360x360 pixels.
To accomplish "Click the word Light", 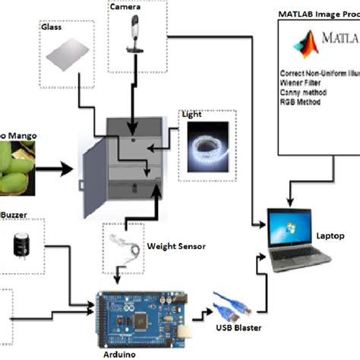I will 191,116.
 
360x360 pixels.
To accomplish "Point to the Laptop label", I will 330,235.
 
